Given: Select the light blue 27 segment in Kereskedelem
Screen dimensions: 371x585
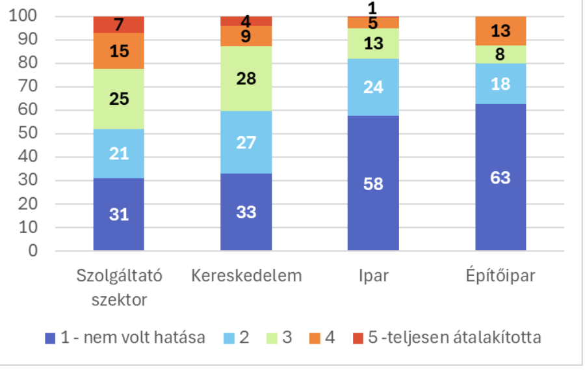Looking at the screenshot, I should pos(246,143).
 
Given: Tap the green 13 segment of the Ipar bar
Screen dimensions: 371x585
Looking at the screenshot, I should pos(373,44).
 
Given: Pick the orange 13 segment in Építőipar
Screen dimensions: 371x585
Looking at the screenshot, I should pos(500,31).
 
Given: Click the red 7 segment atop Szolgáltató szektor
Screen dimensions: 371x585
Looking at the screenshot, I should pos(118,25).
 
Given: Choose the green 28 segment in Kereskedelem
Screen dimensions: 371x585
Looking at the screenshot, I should pos(246,79).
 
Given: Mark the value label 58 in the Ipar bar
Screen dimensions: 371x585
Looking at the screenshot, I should pos(373,184).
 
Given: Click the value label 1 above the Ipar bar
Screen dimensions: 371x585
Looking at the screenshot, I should pos(373,8).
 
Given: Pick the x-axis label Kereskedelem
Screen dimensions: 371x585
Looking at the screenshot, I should pos(246,275).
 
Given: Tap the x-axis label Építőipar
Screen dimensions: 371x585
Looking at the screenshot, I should pos(500,275).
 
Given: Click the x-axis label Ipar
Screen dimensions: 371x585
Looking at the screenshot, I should pos(373,275).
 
